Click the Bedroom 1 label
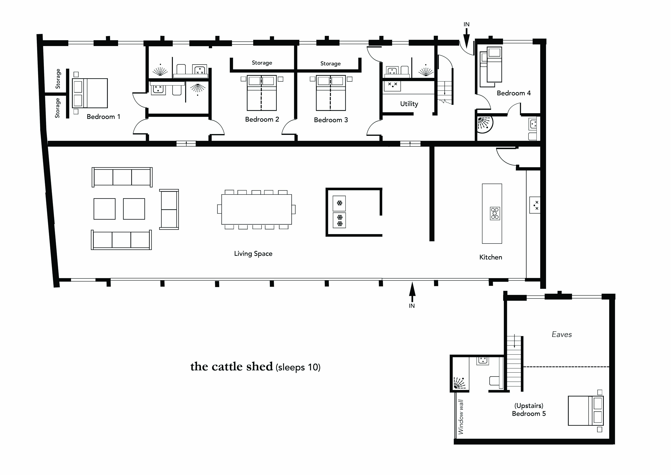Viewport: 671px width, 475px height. pyautogui.click(x=103, y=117)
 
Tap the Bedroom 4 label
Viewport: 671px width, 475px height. pyautogui.click(x=513, y=93)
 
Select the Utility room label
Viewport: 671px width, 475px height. pyautogui.click(x=409, y=104)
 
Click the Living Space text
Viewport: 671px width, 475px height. pyautogui.click(x=253, y=254)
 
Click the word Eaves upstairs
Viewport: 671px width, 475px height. pyautogui.click(x=561, y=334)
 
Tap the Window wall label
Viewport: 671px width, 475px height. pyautogui.click(x=461, y=417)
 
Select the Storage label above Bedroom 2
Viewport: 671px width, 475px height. pyautogui.click(x=262, y=63)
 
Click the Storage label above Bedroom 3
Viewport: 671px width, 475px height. pyautogui.click(x=330, y=64)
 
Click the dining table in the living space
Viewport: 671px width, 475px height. pyautogui.click(x=256, y=209)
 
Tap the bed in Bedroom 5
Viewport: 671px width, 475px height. pyautogui.click(x=585, y=411)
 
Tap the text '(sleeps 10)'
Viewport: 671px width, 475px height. pyautogui.click(x=298, y=367)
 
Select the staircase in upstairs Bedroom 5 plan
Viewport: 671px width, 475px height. pyautogui.click(x=514, y=363)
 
